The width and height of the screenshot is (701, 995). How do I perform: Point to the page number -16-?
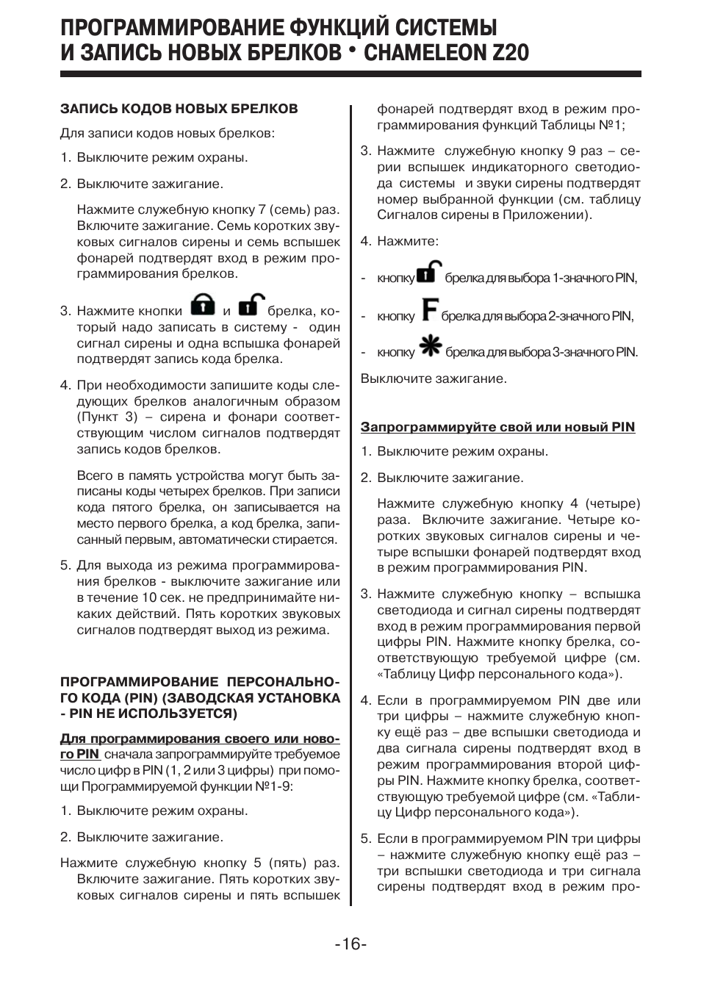click(x=350, y=944)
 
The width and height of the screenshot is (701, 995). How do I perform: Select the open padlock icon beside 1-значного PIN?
click(x=429, y=273)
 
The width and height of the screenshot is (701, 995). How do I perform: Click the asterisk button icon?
click(x=429, y=348)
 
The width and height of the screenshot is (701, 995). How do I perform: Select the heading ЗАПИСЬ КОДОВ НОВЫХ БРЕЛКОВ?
click(x=179, y=109)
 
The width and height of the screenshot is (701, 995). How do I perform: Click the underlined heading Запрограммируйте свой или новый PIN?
click(x=497, y=427)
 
